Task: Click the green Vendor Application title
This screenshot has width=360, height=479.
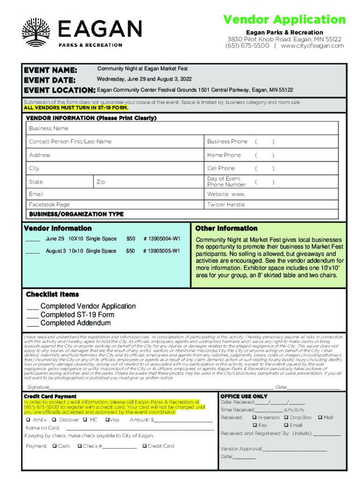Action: [284, 20]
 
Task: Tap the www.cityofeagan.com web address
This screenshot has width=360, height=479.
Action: [312, 46]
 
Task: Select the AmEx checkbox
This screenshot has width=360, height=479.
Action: [29, 420]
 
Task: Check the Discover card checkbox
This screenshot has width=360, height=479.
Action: [55, 420]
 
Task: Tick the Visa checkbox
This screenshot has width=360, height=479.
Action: [107, 420]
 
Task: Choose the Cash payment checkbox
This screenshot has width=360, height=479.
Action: [54, 446]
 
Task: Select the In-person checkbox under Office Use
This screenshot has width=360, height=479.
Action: [254, 417]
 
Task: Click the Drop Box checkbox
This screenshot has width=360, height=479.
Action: [286, 417]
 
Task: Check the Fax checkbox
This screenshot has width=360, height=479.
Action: [254, 425]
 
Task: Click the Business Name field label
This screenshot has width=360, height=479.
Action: [49, 128]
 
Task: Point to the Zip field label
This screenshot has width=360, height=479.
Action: [101, 182]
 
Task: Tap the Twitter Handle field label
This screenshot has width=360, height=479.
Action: [226, 204]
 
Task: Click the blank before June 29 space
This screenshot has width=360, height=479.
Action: [33, 239]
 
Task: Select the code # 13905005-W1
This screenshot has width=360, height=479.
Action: [161, 251]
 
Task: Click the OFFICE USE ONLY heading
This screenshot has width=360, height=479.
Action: [244, 396]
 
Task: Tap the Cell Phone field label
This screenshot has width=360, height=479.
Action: [221, 168]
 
